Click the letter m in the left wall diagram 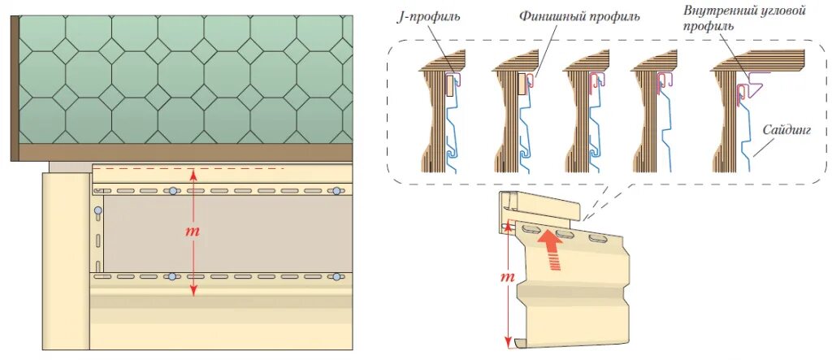[x=193, y=232]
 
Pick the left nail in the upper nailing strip [x=172, y=191]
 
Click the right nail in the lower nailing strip [x=336, y=277]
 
